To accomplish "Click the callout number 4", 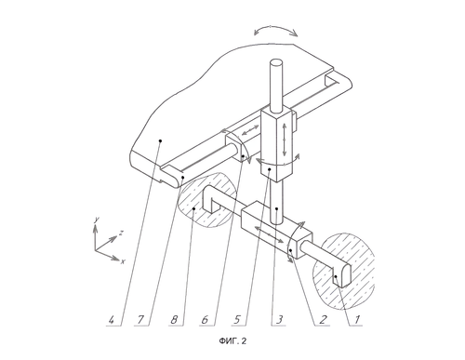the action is (x=111, y=319).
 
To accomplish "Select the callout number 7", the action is (x=140, y=319).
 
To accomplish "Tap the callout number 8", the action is (x=174, y=319).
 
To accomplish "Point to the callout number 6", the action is (x=205, y=319).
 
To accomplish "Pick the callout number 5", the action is (x=237, y=319).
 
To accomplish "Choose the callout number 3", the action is (x=279, y=319).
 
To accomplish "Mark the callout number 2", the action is (x=323, y=319).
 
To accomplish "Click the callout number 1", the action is (x=357, y=319).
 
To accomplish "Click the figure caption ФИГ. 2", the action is (x=232, y=341).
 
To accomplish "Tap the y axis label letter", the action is (x=97, y=220).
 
